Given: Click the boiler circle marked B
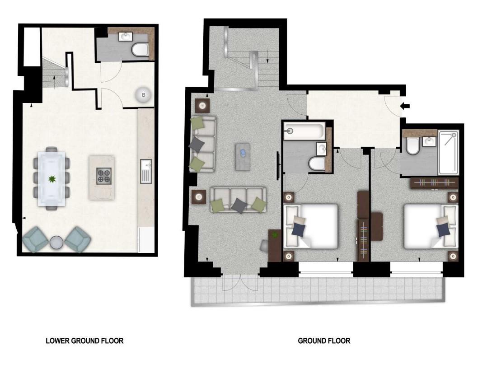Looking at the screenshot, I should (x=144, y=95).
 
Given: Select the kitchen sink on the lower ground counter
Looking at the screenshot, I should (x=145, y=171).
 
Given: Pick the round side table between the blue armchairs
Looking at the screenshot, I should (x=56, y=242).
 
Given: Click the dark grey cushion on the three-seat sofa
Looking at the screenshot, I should (x=238, y=205).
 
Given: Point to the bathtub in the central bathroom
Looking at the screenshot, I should (x=305, y=131).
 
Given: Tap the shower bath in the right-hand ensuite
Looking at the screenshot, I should (x=449, y=152).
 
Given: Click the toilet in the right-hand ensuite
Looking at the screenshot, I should (x=412, y=146).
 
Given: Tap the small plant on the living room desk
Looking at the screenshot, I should (x=274, y=234).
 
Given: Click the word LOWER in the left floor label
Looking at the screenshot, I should (x=58, y=341).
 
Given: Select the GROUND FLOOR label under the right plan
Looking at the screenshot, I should (x=324, y=341).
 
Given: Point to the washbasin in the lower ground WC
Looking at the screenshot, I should (x=125, y=37).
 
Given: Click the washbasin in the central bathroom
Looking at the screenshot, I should (x=322, y=147).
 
